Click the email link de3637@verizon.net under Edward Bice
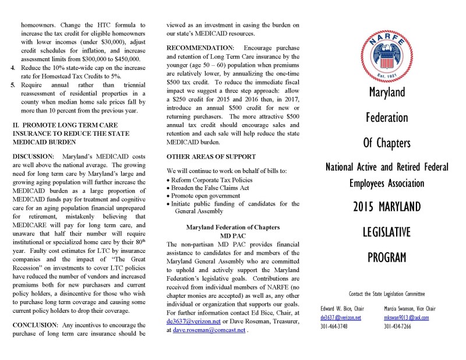click(341, 317)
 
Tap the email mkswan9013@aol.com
click(406, 317)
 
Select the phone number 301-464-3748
click(334, 327)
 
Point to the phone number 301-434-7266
click(398, 327)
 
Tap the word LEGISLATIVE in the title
click(387, 232)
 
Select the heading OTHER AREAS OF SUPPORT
click(211, 157)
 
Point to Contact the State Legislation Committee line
click(387, 294)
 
